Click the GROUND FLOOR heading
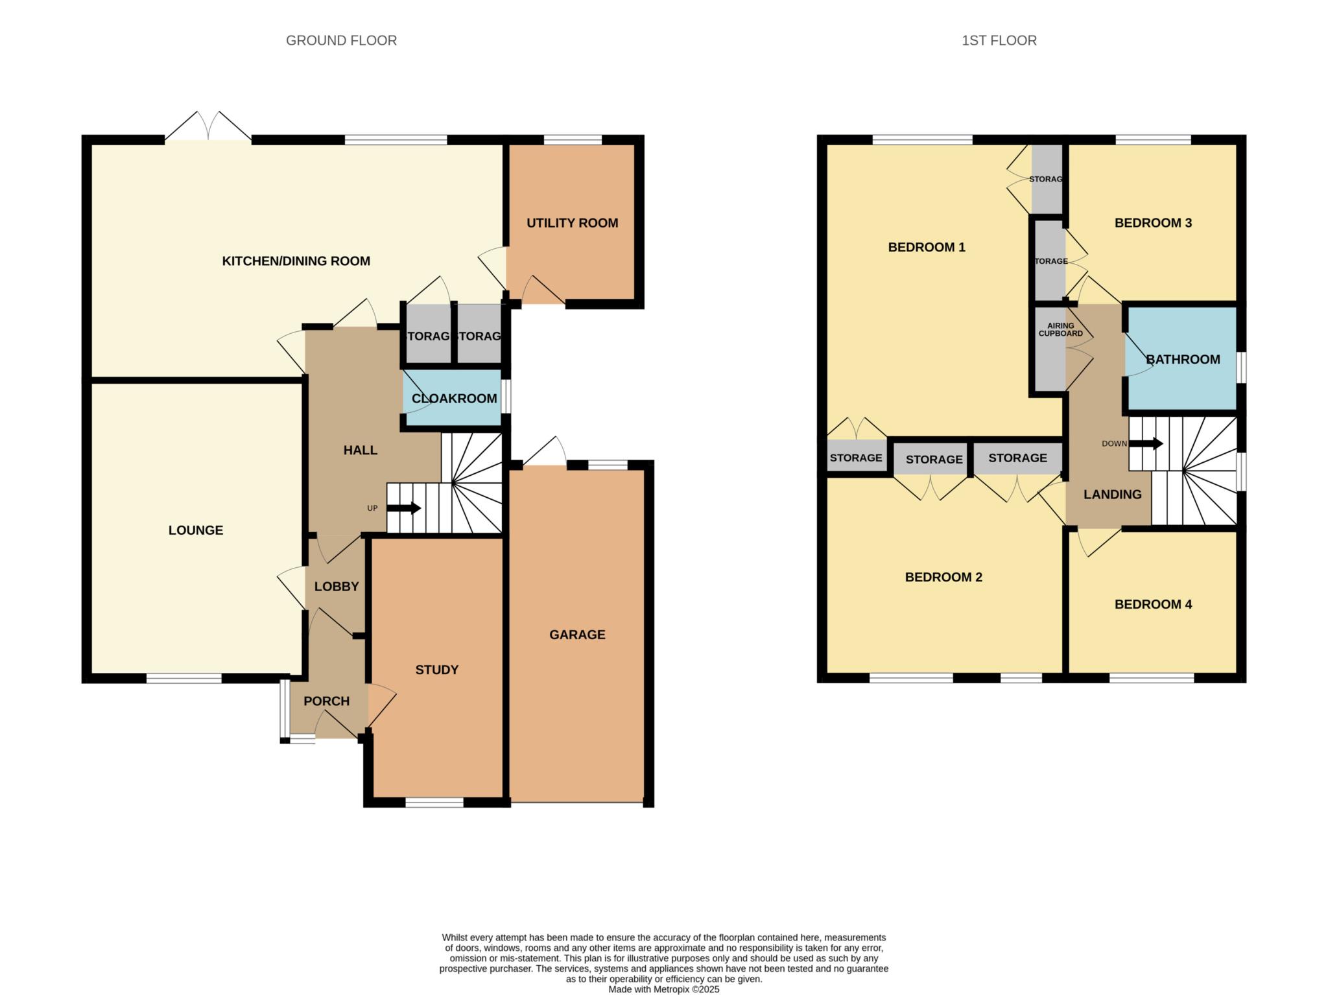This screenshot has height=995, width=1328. [341, 40]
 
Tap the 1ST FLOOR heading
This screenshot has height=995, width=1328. [999, 40]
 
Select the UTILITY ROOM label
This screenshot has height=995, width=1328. [572, 223]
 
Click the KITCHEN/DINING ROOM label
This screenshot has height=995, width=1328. [296, 261]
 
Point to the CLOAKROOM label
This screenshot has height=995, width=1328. [454, 399]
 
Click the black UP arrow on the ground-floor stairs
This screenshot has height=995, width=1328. [404, 508]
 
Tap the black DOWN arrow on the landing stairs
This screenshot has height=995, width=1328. [1146, 443]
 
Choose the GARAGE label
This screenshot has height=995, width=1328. [577, 635]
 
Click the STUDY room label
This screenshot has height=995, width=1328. [436, 670]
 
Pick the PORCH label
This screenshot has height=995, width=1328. [326, 701]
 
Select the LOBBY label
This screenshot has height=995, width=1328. [337, 587]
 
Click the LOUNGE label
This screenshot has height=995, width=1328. [196, 530]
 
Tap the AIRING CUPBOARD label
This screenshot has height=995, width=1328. [1060, 330]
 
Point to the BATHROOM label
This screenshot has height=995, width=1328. [1183, 360]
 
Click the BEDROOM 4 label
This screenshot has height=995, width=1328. [1153, 605]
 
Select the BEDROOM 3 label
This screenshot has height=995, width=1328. [1153, 223]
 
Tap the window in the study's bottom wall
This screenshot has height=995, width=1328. [434, 802]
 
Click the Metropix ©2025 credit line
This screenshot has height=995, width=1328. [663, 990]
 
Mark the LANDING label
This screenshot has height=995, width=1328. [1113, 495]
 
